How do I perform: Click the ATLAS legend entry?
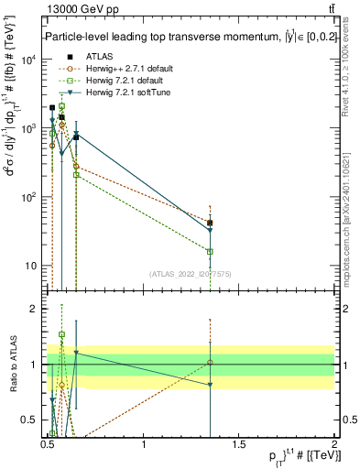tap(86, 56)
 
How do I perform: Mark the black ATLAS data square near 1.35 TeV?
tap(211, 223)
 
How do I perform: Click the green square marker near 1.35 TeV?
tap(211, 251)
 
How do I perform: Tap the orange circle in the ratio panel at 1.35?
tap(211, 363)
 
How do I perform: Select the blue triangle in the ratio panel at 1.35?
tap(211, 385)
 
